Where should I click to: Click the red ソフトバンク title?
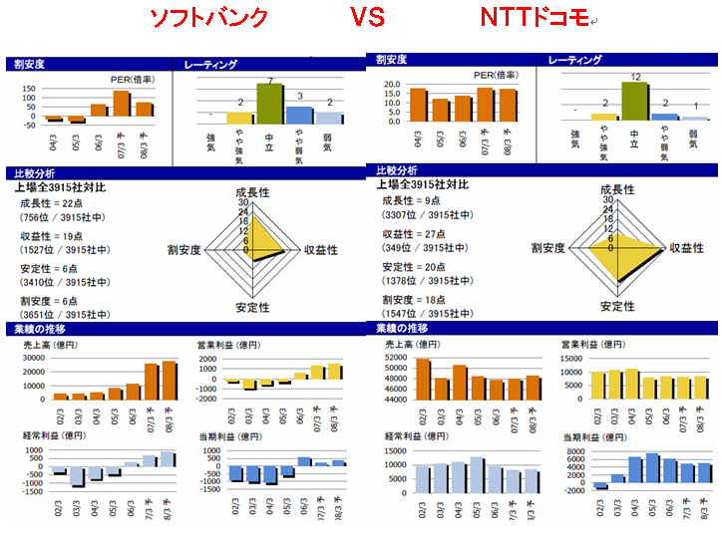[208, 17]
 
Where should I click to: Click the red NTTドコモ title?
[535, 17]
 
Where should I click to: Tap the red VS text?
[366, 17]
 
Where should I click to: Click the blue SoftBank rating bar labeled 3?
[299, 115]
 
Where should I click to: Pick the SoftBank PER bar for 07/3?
[121, 105]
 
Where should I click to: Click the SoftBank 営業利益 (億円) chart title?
[232, 345]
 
